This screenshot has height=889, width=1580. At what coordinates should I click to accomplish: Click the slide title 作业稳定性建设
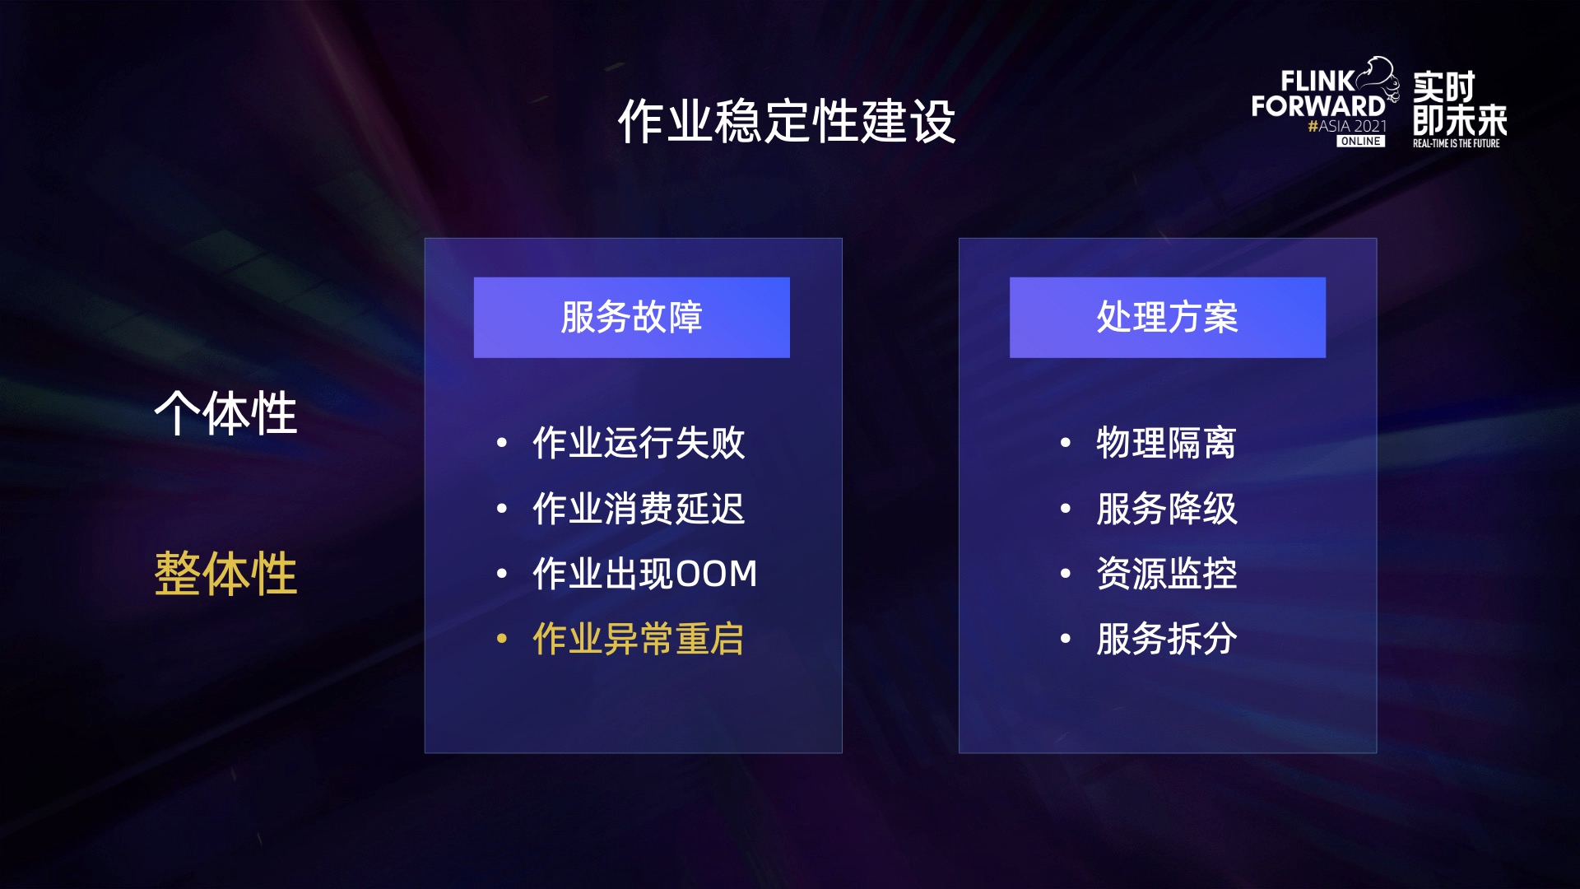787,122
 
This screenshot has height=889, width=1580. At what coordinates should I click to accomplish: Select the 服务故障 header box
631,318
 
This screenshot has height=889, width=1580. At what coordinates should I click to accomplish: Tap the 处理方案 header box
1167,318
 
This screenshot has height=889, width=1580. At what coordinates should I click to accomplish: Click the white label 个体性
225,413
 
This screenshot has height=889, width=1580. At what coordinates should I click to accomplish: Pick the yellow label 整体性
225,574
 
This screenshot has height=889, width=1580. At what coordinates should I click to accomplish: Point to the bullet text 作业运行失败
639,443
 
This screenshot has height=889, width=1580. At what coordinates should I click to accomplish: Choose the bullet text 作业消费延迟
639,509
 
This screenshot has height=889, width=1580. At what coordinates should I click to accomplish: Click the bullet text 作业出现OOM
644,574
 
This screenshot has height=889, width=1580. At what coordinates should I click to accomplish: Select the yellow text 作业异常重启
639,639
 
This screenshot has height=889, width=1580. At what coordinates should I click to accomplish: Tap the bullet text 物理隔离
1166,443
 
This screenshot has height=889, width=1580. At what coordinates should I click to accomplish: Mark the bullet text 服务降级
1166,509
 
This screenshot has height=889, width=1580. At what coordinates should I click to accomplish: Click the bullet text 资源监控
1166,574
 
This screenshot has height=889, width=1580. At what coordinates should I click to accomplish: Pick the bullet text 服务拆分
1166,639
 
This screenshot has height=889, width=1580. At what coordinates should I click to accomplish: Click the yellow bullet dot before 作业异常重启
502,639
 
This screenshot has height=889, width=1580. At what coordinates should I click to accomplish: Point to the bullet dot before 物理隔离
1066,443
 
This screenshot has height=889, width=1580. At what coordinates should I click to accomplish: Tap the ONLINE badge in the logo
1360,142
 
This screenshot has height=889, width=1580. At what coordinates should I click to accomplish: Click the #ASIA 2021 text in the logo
1347,126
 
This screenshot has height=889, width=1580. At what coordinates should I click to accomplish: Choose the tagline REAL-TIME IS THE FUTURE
1456,143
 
